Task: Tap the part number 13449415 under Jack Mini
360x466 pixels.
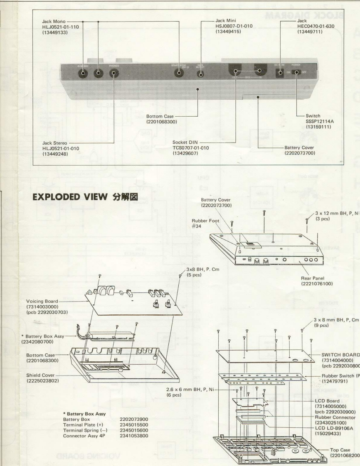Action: pos(230,32)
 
